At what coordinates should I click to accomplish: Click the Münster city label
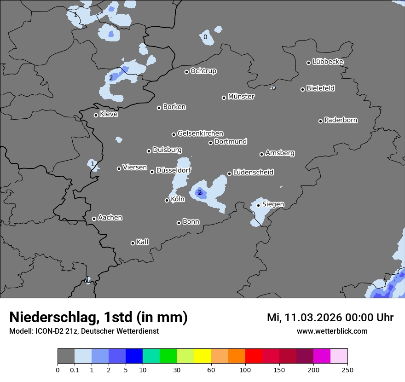[x=241, y=97]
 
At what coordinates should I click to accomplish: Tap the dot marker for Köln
[x=167, y=200]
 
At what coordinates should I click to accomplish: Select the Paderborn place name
[x=341, y=120]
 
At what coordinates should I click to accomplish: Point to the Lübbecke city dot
[x=309, y=63]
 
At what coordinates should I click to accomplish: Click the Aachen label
[x=110, y=218]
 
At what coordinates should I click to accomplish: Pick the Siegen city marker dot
[x=258, y=205]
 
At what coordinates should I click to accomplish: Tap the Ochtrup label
[x=203, y=71]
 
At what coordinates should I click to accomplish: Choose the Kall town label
[x=143, y=242]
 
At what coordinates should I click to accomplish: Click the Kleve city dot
[x=96, y=115]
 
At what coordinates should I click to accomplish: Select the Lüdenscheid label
[x=253, y=173]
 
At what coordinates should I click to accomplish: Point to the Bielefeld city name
[x=320, y=88]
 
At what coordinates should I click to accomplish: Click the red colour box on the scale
[x=254, y=356]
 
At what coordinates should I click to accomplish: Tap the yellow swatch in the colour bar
[x=202, y=356]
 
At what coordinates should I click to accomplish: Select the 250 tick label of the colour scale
[x=347, y=370]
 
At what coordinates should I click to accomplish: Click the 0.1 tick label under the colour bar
[x=75, y=370]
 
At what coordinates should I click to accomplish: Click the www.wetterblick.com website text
[x=332, y=331]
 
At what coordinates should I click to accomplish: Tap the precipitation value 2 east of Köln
[x=200, y=192]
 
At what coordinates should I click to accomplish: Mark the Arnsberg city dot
[x=261, y=154]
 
